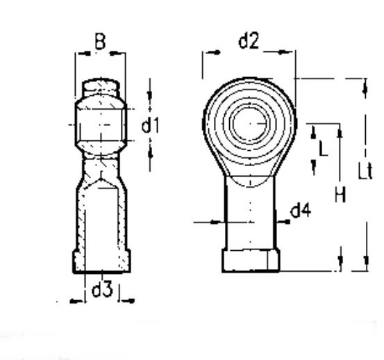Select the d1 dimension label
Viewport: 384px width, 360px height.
point(151,125)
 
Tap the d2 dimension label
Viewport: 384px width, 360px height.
point(249,41)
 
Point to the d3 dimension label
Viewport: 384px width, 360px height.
point(102,289)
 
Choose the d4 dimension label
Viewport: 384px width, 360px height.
point(301,211)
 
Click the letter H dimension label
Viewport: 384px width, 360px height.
point(340,195)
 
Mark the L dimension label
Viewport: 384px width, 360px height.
point(324,149)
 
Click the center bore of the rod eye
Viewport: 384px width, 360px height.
point(250,124)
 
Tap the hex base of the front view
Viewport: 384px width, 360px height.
point(251,260)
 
